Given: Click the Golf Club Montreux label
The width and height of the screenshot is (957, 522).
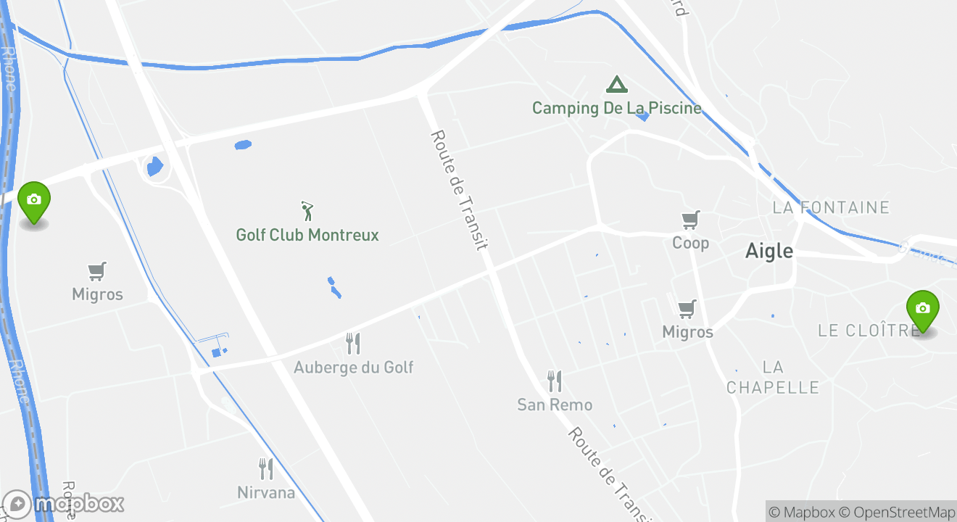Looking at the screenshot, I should pyautogui.click(x=307, y=235).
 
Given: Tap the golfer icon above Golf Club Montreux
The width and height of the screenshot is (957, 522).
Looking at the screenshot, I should pyautogui.click(x=307, y=211).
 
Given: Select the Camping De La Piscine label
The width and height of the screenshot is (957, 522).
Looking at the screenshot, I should pyautogui.click(x=617, y=108).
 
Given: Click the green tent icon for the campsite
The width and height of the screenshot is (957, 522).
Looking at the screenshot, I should pyautogui.click(x=617, y=85).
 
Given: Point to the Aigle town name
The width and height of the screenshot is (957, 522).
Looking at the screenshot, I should pyautogui.click(x=769, y=251).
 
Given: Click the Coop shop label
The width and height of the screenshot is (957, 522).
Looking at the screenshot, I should pyautogui.click(x=690, y=242).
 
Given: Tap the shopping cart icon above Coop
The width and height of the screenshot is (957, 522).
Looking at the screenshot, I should pyautogui.click(x=690, y=219).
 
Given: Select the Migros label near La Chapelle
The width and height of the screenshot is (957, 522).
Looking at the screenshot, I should pyautogui.click(x=687, y=332).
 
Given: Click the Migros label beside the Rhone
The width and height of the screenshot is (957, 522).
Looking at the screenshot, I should pyautogui.click(x=97, y=294).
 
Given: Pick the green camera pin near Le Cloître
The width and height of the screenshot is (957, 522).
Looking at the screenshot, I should pyautogui.click(x=922, y=309).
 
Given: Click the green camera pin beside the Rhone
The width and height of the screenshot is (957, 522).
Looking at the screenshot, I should pyautogui.click(x=33, y=201).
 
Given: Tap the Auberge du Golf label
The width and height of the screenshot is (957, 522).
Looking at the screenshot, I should pyautogui.click(x=353, y=367).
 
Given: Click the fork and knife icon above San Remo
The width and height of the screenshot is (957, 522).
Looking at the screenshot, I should pyautogui.click(x=555, y=381).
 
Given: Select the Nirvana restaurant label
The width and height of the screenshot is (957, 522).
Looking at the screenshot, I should pyautogui.click(x=266, y=492).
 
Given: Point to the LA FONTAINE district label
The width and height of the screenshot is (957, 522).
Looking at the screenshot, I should pyautogui.click(x=831, y=208).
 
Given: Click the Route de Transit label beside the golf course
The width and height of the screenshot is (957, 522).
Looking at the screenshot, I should pyautogui.click(x=459, y=190).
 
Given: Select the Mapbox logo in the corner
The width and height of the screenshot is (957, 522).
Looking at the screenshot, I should pyautogui.click(x=64, y=504).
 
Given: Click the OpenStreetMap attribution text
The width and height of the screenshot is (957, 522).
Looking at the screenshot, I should pyautogui.click(x=900, y=512).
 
